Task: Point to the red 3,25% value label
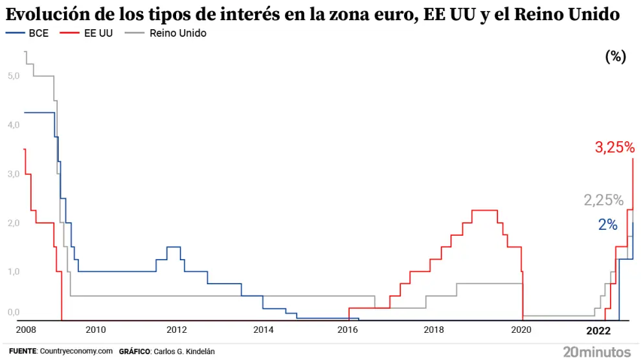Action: [x=614, y=148]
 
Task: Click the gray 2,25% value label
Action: [x=603, y=200]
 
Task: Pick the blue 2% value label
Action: [x=607, y=225]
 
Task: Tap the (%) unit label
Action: [x=615, y=57]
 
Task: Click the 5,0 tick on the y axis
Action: [x=14, y=76]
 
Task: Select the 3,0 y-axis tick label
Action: [x=14, y=174]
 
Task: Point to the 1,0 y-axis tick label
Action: [x=14, y=271]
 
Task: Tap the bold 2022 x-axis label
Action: [x=598, y=330]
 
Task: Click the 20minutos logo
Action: [x=596, y=352]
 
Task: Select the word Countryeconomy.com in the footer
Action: [x=76, y=351]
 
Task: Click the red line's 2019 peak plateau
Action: [x=484, y=210]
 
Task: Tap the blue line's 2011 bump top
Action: [x=174, y=247]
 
